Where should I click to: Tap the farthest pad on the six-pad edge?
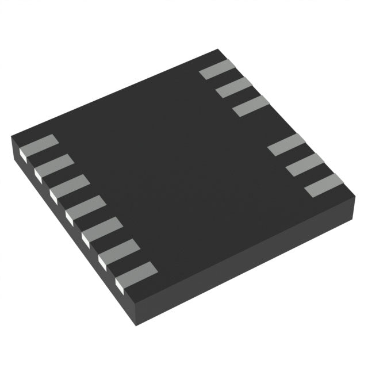tap(217, 69)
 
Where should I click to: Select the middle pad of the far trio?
tap(234, 87)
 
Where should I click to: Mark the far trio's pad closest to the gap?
tap(251, 106)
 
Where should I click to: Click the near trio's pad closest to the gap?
tap(286, 144)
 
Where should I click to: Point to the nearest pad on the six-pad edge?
tap(324, 185)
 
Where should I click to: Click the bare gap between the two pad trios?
tap(269, 125)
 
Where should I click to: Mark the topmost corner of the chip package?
tap(219, 50)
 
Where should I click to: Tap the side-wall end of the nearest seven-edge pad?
tap(121, 282)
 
